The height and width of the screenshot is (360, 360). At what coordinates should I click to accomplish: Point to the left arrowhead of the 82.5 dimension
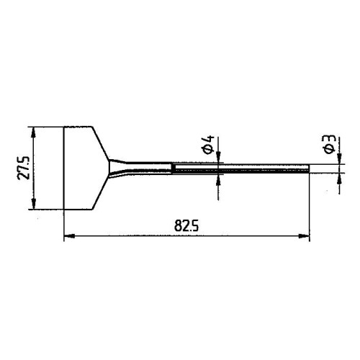[x=68, y=235]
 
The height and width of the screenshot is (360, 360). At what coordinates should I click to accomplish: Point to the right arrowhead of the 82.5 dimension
[x=307, y=235]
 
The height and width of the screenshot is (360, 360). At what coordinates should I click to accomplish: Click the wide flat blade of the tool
[x=83, y=168]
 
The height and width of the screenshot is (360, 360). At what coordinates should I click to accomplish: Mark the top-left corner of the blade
[x=65, y=127]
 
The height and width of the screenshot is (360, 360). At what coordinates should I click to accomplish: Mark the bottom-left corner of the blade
[x=65, y=210]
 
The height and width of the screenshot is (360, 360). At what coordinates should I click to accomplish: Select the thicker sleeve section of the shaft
[x=194, y=168]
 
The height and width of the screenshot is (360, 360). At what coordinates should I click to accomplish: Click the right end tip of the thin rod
[x=309, y=168]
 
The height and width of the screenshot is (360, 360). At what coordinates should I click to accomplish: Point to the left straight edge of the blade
[x=65, y=168]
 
